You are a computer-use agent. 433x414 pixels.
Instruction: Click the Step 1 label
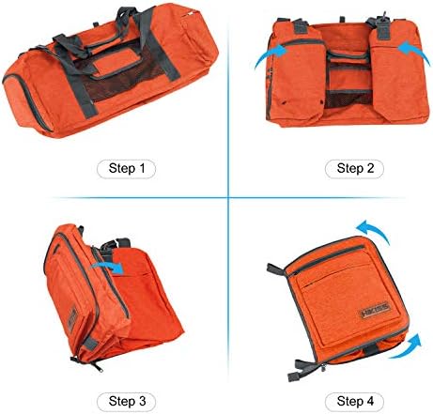tap(126, 170)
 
